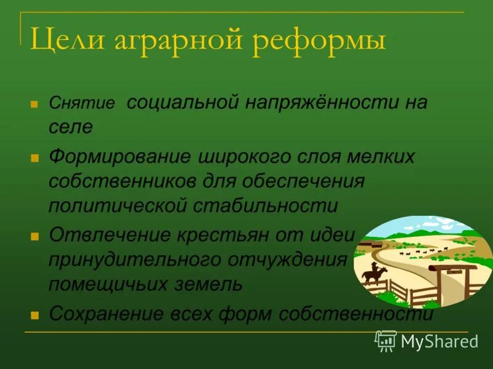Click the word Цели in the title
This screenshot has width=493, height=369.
64,41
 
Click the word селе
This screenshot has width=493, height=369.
70,127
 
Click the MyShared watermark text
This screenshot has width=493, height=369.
439,341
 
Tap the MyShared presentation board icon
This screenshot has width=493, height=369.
386,340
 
